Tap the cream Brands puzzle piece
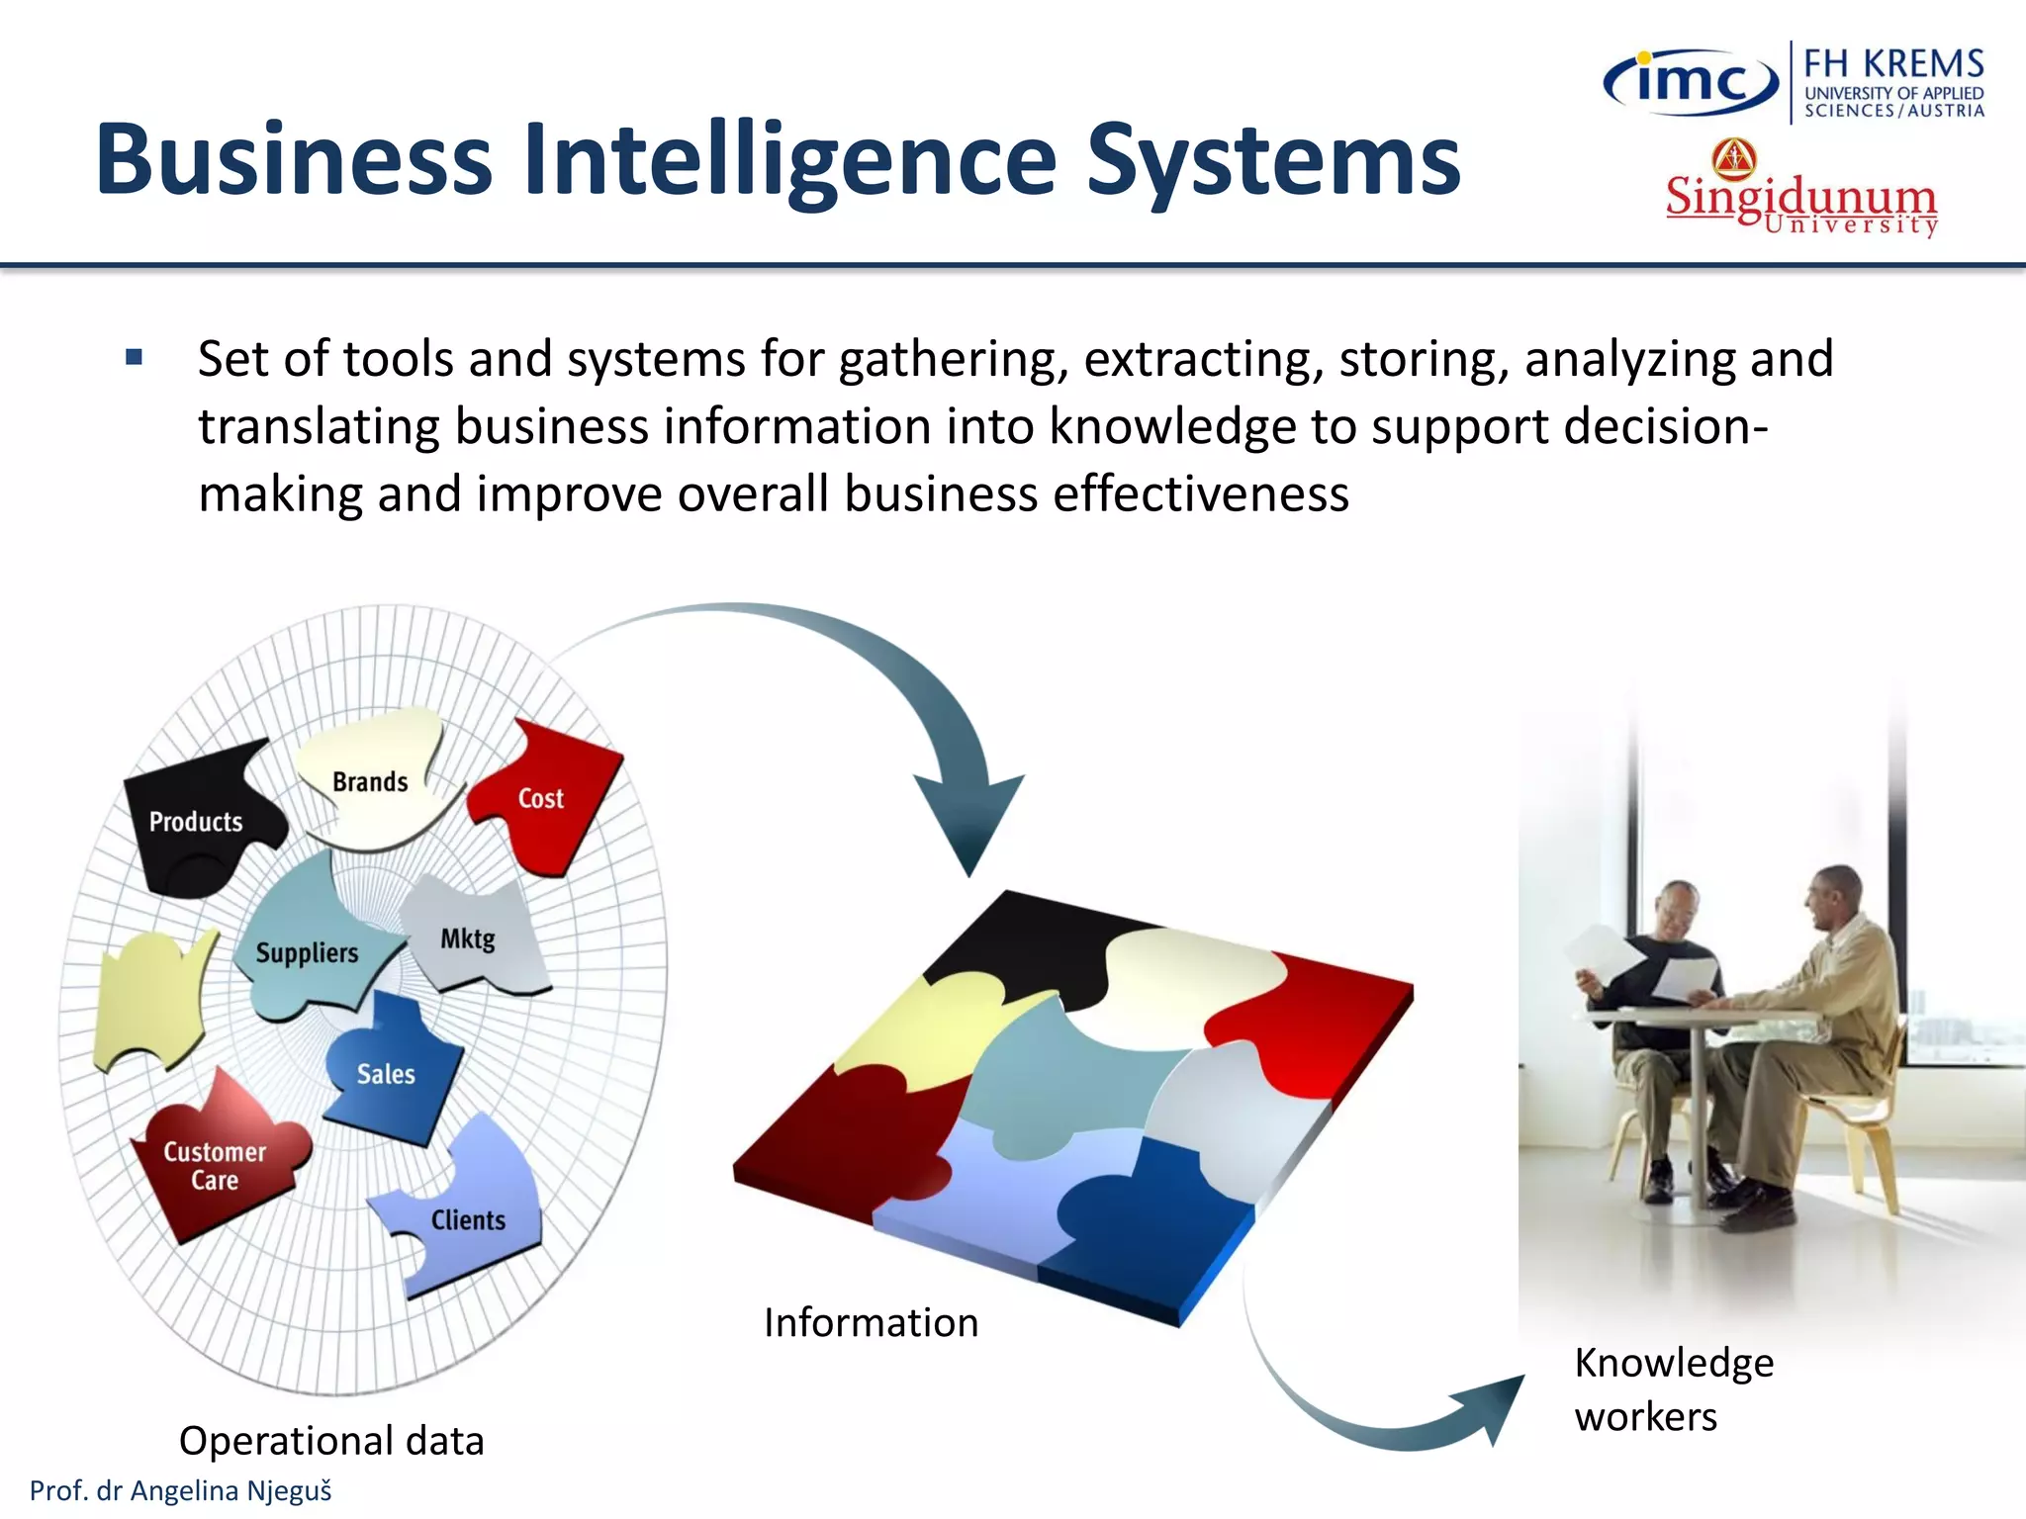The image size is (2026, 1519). pos(371,780)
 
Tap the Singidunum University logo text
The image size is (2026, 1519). pos(1800,203)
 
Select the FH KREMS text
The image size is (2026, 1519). pos(1893,64)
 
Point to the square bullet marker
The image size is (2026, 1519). pos(135,357)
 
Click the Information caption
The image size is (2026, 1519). pos(871,1322)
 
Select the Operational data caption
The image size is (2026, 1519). pos(331,1440)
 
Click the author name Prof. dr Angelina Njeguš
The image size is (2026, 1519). pos(181,1490)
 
